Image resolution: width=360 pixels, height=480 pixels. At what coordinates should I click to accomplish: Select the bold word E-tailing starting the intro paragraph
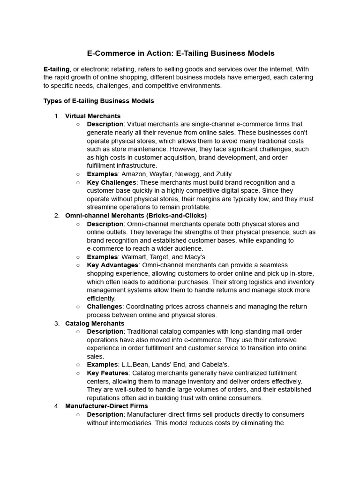click(57, 69)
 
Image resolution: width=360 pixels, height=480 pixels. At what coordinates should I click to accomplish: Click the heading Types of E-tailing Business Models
click(98, 101)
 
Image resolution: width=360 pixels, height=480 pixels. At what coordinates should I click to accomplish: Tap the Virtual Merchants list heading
click(93, 116)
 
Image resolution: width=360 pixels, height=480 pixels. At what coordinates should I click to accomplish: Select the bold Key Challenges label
click(112, 182)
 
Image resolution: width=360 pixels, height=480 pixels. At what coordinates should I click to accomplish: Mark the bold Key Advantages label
click(112, 265)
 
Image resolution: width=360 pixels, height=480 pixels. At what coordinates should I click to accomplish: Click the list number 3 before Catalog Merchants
click(57, 323)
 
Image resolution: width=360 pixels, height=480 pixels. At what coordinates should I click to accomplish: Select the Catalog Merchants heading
click(95, 323)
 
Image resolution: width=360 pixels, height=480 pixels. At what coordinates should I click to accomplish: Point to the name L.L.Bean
click(135, 365)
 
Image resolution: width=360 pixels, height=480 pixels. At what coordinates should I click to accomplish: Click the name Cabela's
click(215, 365)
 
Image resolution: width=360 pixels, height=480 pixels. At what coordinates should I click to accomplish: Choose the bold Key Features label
click(108, 373)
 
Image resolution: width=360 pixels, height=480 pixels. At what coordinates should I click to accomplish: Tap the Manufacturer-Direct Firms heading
click(106, 406)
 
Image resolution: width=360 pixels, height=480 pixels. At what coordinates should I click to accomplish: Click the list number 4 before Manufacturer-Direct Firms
click(57, 406)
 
